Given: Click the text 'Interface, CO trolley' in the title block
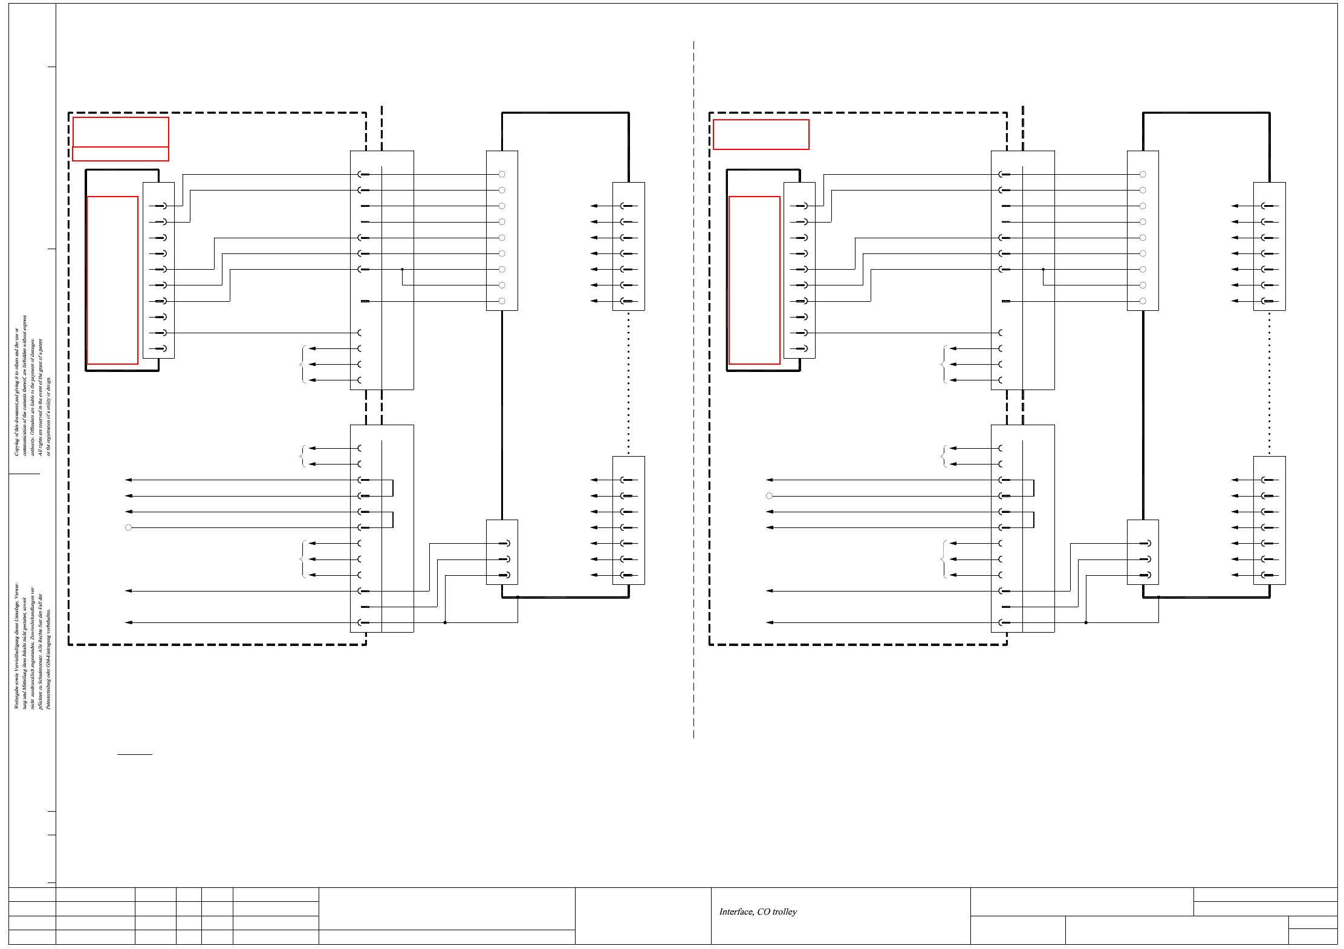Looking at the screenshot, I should (758, 911).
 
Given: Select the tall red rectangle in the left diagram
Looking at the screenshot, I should (112, 280).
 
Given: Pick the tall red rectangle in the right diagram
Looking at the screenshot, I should (754, 280).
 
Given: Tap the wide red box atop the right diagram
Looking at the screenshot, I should (761, 134).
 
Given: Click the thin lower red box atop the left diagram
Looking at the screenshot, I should (120, 154).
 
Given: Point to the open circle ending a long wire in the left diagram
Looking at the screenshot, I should (128, 527).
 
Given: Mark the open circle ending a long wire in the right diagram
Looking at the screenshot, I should (769, 496).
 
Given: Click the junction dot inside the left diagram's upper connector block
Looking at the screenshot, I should (402, 269).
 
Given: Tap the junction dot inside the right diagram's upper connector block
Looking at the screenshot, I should (1043, 269).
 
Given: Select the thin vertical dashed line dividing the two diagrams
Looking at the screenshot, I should (693, 387).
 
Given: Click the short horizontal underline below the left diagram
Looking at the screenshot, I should (134, 754).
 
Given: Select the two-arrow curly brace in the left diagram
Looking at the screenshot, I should (302, 456).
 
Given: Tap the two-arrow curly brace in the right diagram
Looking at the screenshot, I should (943, 456).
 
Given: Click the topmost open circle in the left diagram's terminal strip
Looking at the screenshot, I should (502, 174).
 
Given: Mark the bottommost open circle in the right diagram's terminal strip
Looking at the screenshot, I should (1143, 301).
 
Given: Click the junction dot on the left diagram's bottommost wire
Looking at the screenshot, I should (445, 622).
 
